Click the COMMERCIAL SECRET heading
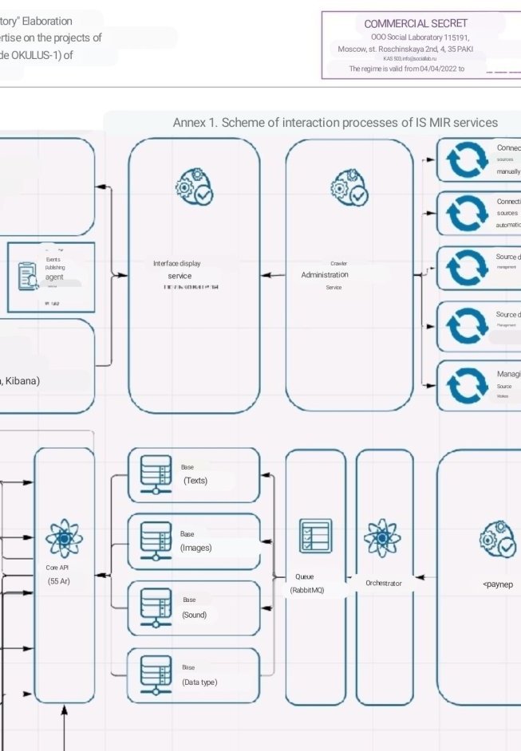point(416,23)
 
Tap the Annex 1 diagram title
point(335,122)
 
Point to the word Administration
point(325,275)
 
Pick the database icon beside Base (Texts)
point(156,474)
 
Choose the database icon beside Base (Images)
point(156,541)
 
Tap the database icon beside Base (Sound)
point(156,607)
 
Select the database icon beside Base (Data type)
point(156,674)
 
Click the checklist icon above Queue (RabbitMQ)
point(315,537)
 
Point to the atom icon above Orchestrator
point(382,538)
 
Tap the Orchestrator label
point(384,583)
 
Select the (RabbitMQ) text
point(307,590)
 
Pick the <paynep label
point(498,584)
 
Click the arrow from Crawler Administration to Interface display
point(273,275)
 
